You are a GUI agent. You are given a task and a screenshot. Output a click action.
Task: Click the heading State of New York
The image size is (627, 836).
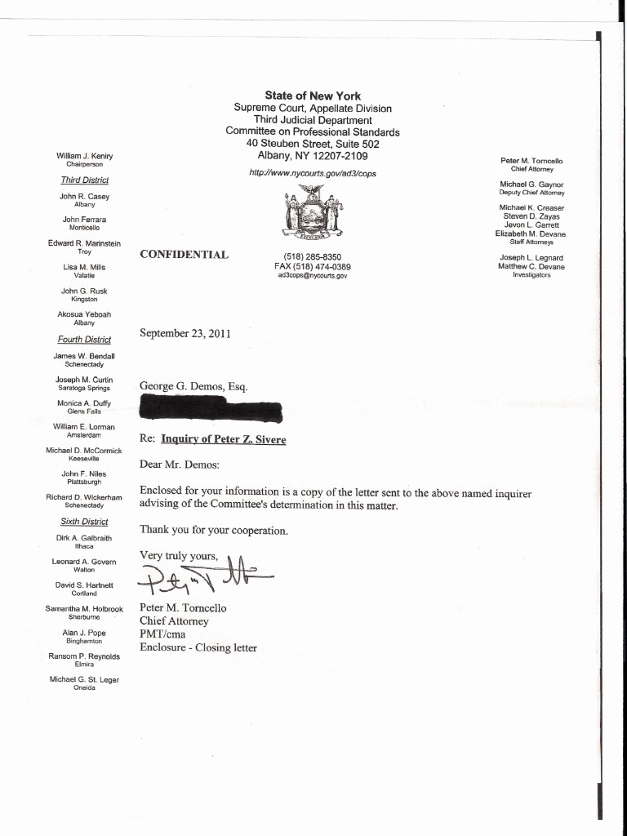point(313,96)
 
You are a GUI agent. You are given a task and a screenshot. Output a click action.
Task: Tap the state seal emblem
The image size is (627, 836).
point(313,211)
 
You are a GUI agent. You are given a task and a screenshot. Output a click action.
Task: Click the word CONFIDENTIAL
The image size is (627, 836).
point(184,254)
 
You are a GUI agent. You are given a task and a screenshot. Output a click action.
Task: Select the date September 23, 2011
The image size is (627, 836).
point(185,333)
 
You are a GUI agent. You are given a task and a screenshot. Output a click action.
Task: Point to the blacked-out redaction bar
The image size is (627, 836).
point(211,407)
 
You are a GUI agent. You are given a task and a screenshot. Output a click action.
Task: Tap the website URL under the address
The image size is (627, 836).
point(313,173)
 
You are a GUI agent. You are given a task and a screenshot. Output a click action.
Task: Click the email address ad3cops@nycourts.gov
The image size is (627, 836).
point(313,276)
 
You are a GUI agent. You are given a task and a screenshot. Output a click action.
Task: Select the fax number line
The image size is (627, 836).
point(313,266)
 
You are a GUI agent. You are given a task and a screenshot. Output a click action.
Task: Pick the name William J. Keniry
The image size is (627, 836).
point(84,156)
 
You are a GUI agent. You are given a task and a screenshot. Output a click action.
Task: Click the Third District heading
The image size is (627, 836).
point(84,180)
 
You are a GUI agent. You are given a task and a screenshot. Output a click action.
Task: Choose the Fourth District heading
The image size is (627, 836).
point(84,340)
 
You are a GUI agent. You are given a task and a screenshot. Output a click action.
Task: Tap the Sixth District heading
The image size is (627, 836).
point(84,522)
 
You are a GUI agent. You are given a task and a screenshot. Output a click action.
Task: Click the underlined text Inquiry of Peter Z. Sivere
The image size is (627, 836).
point(224,439)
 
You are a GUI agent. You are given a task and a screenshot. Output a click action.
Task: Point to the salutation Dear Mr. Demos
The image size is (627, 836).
point(180,465)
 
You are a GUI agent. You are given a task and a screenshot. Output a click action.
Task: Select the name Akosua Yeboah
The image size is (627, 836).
point(84,314)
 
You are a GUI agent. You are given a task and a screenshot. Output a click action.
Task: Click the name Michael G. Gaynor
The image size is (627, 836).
point(531,185)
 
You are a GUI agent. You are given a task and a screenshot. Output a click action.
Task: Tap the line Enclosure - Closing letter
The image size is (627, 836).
point(198,648)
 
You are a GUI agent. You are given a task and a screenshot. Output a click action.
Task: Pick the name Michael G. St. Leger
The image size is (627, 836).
point(84,679)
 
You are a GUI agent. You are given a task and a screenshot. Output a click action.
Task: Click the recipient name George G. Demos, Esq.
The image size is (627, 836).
point(193,386)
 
